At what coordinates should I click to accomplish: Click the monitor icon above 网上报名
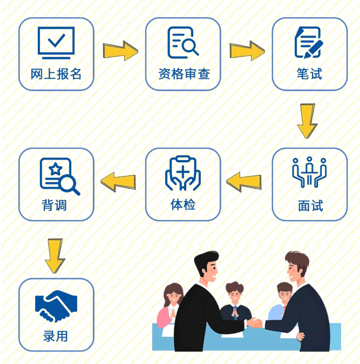(56, 43)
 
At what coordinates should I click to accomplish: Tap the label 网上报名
(56, 74)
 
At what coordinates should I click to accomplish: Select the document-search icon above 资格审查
(183, 43)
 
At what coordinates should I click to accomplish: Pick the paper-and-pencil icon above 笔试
(309, 43)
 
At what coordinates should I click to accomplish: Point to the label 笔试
(309, 74)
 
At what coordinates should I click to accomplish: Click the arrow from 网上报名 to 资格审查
(120, 51)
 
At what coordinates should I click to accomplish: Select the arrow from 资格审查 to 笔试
(247, 51)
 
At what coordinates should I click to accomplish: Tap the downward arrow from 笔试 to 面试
(308, 121)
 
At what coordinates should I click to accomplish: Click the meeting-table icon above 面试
(309, 173)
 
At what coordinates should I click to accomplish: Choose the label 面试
(310, 205)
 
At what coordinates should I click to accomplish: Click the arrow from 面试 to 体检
(244, 182)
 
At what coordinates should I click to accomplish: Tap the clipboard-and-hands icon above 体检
(183, 173)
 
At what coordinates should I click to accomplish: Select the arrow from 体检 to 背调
(118, 182)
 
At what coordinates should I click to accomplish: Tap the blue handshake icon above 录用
(56, 306)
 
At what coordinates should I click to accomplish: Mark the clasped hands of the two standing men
(255, 323)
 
